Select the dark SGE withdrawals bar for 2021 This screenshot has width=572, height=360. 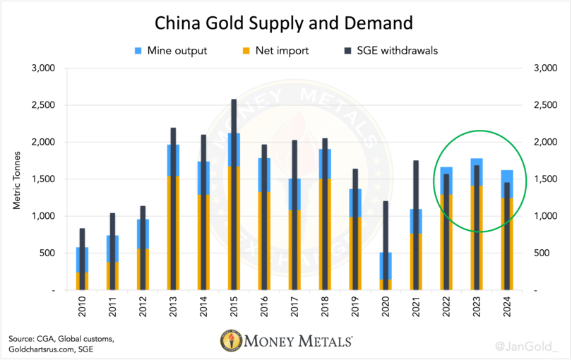click(x=416, y=184)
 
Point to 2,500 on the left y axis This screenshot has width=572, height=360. click(x=44, y=105)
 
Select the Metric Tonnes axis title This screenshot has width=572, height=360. click(x=16, y=179)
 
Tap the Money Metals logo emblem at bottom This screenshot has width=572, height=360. click(x=229, y=342)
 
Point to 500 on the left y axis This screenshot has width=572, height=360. click(x=47, y=253)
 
